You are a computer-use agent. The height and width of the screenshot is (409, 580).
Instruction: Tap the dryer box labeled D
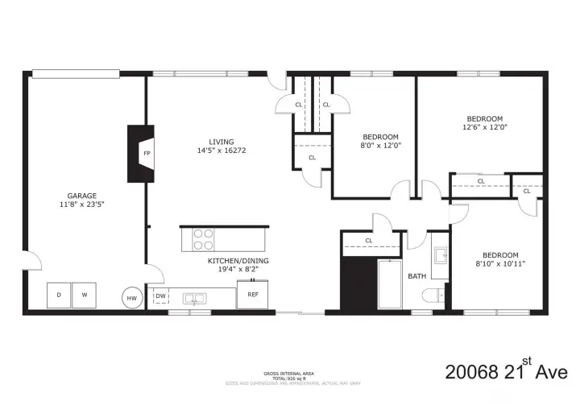[59, 295]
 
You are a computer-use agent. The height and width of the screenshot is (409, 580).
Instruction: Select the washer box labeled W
[84, 295]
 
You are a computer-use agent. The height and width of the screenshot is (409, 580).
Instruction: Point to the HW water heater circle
[131, 297]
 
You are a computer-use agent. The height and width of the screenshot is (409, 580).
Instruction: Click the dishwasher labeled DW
[160, 296]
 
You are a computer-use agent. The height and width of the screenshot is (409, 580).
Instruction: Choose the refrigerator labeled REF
[252, 295]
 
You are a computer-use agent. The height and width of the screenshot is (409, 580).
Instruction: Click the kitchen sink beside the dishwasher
[194, 298]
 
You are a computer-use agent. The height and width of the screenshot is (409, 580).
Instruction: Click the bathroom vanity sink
[439, 256]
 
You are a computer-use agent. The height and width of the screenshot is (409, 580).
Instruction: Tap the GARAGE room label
[82, 195]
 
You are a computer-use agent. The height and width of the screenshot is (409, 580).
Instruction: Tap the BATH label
[416, 276]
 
